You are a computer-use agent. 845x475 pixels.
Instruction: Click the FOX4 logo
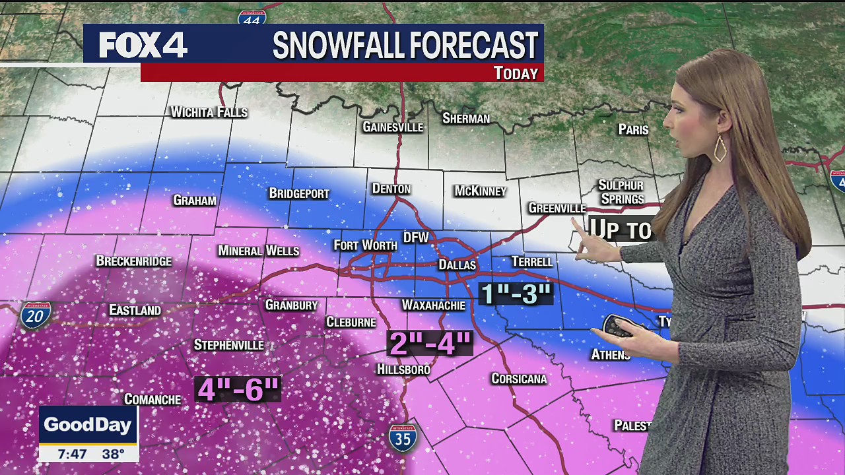tap(143, 45)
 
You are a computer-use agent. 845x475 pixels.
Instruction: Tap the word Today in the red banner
tap(516, 73)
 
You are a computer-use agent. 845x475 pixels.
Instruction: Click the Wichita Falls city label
tap(209, 112)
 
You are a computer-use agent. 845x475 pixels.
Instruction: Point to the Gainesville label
tap(393, 127)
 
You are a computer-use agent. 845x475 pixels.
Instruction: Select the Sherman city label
tap(466, 118)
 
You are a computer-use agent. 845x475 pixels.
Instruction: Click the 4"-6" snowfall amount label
tap(238, 389)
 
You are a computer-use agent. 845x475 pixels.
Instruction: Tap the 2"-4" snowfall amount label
tap(430, 343)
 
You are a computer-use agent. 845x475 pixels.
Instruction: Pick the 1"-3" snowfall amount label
tap(516, 294)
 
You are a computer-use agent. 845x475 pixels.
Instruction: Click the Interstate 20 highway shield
tap(35, 316)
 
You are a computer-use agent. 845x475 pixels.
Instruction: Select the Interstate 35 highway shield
tap(402, 437)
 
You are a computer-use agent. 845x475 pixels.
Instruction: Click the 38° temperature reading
tap(114, 454)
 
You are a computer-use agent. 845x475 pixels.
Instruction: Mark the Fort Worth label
tap(365, 245)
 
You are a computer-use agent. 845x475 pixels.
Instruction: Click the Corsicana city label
tap(519, 379)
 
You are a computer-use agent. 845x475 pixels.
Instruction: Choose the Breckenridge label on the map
tap(134, 261)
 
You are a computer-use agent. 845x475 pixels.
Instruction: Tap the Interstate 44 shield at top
tap(252, 16)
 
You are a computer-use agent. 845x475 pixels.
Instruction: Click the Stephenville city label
tap(228, 345)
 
